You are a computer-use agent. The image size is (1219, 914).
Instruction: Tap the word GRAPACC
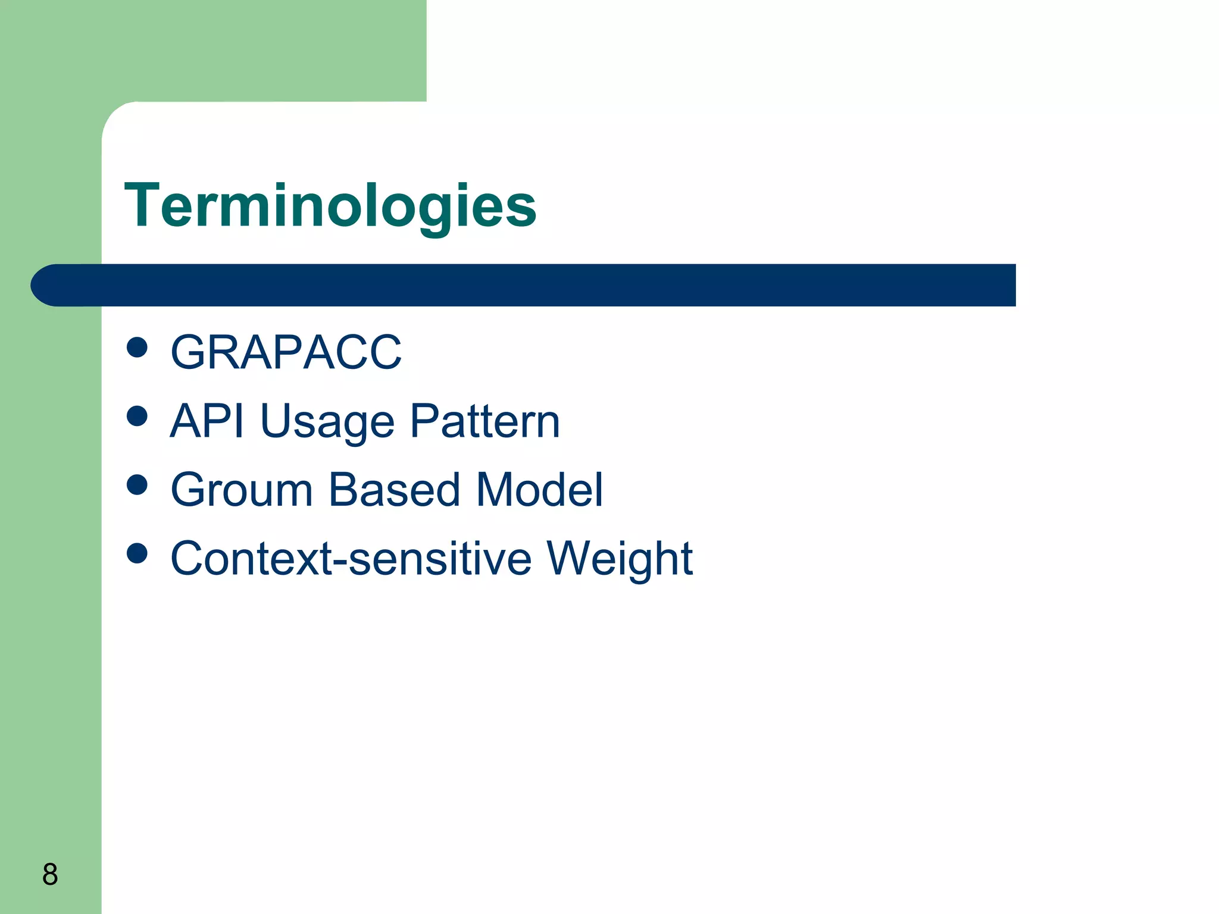(286, 352)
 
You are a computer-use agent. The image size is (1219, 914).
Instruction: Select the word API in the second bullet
(207, 421)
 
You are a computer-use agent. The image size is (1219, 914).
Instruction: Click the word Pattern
(485, 421)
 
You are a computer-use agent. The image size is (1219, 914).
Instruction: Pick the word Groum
(242, 490)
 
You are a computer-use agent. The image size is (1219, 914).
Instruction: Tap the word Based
(394, 490)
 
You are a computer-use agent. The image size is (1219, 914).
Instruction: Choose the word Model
(540, 490)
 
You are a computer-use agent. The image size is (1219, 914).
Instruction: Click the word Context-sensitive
(351, 559)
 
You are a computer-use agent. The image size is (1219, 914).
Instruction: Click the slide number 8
(50, 874)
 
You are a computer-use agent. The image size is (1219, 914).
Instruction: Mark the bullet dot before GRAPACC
(137, 348)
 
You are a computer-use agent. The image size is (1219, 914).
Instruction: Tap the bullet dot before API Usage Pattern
(137, 416)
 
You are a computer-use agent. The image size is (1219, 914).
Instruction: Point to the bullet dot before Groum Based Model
(137, 484)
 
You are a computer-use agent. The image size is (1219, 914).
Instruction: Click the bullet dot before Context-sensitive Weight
(137, 553)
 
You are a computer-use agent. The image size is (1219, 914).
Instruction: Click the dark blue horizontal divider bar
(536, 285)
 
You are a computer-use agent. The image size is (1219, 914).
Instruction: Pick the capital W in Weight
(568, 558)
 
